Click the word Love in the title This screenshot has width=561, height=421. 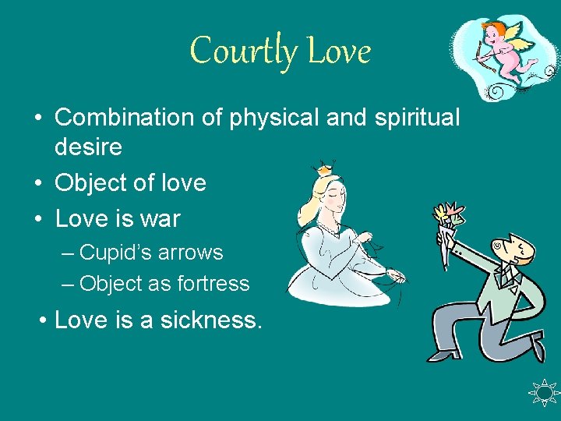tap(339, 52)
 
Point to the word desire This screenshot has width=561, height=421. tap(88, 147)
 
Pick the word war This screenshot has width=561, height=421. tap(159, 219)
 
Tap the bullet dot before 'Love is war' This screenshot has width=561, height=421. tap(38, 220)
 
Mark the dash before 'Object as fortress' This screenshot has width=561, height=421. tap(68, 284)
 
